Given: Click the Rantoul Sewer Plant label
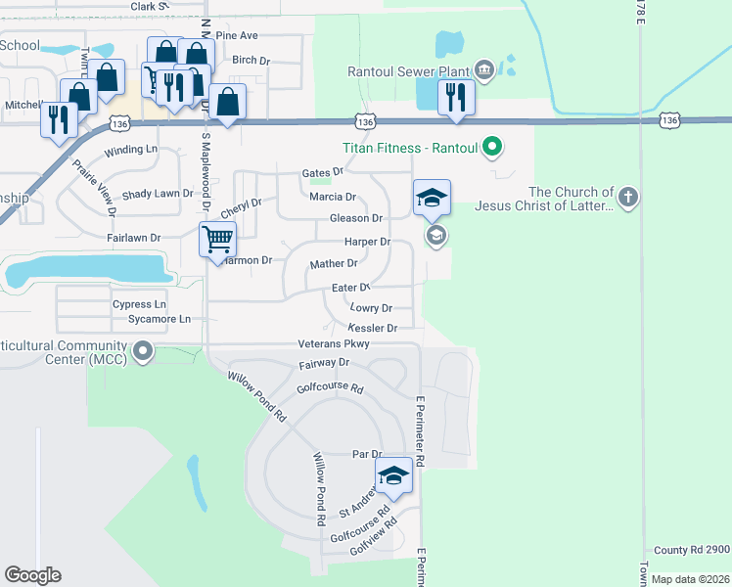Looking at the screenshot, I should pos(409,70).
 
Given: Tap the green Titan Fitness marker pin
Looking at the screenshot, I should pos(493,149).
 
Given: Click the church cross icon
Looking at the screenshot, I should pos(628,199).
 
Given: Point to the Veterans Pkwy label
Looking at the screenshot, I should pos(334,344).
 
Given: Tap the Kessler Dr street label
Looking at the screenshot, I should pos(372,329).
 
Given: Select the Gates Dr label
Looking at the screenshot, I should pos(323,172).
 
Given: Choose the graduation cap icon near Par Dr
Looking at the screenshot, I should pos(393,476).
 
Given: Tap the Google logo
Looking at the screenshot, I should pos(32,575).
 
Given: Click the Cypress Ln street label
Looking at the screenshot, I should pos(139,304).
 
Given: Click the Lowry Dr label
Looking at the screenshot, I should pos(371,308).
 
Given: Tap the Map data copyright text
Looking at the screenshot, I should pos(690,579).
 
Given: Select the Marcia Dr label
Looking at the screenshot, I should pos(332,197).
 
